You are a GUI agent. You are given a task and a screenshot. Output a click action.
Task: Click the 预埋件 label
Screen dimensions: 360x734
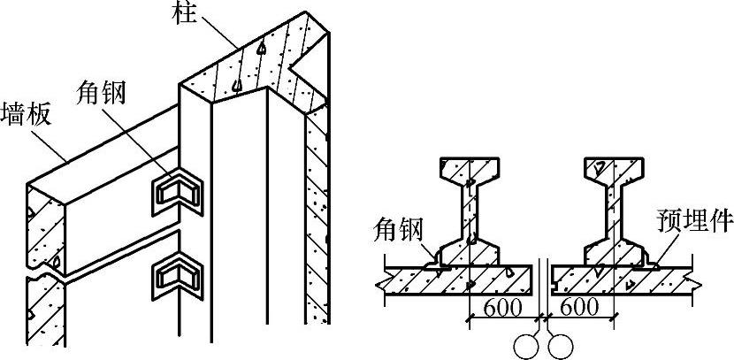pos(689,218)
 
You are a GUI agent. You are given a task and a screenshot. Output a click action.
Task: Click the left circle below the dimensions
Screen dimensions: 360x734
pos(528,344)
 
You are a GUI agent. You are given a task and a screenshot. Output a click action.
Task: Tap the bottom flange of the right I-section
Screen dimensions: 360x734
pos(619,250)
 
